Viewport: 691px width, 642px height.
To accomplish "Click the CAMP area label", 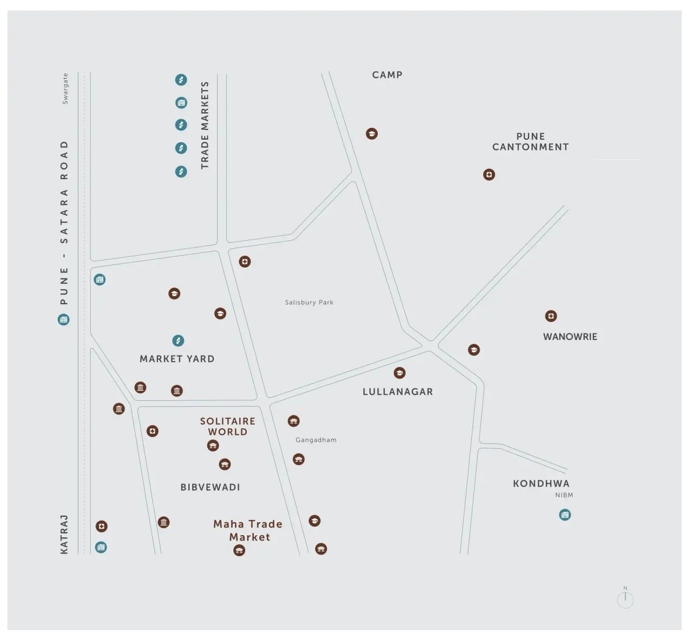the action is click(387, 75).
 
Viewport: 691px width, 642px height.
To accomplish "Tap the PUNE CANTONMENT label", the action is click(530, 141).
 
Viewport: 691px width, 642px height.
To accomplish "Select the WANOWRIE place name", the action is click(570, 337).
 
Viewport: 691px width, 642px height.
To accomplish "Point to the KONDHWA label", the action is click(541, 483).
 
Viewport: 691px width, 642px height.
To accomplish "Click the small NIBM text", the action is click(564, 495).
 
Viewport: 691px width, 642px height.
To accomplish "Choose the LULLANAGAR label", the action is click(398, 392).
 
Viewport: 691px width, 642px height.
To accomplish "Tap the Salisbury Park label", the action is click(309, 302).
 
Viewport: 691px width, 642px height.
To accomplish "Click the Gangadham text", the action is click(316, 440).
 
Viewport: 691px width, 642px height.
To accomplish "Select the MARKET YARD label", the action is click(177, 359).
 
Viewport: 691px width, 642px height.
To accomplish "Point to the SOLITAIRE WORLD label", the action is click(228, 426).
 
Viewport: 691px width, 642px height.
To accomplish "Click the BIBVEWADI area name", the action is click(210, 487).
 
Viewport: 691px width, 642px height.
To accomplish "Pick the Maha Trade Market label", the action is click(248, 530).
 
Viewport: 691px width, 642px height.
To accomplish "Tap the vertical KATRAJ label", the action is click(64, 535).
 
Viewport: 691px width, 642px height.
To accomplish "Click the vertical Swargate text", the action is click(65, 88).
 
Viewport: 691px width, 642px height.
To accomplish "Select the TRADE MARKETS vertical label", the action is click(205, 125).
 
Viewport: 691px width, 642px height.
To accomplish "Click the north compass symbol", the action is click(625, 598).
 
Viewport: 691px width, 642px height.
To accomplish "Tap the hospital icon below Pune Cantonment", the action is click(489, 175).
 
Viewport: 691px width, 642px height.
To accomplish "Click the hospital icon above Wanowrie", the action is click(551, 316).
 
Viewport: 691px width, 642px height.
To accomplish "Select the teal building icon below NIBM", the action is click(565, 515).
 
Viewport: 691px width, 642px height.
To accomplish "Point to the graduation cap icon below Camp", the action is click(371, 134).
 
